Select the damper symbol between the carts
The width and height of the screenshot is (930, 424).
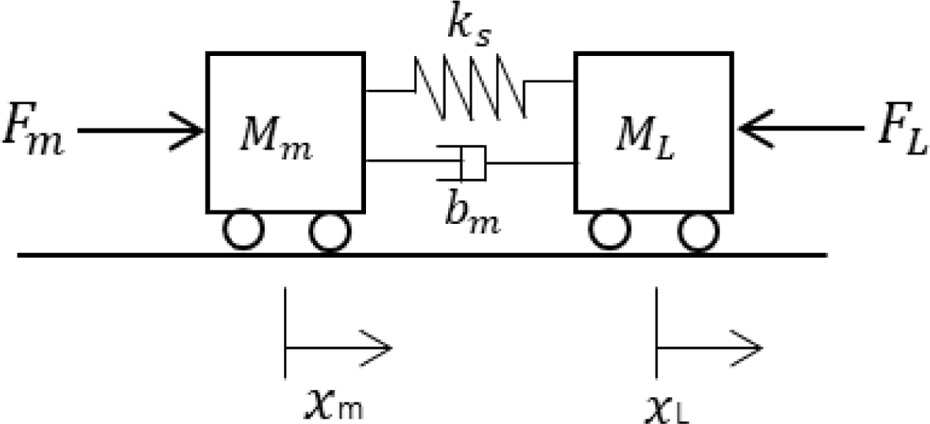pyautogui.click(x=470, y=162)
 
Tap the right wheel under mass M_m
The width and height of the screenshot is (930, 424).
pyautogui.click(x=329, y=232)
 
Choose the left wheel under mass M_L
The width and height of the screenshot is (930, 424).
pyautogui.click(x=610, y=232)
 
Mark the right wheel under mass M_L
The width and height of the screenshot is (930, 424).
pyautogui.click(x=697, y=232)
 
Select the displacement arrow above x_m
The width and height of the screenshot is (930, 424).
pyautogui.click(x=339, y=346)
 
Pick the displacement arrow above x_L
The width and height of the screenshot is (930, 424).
pyautogui.click(x=710, y=346)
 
